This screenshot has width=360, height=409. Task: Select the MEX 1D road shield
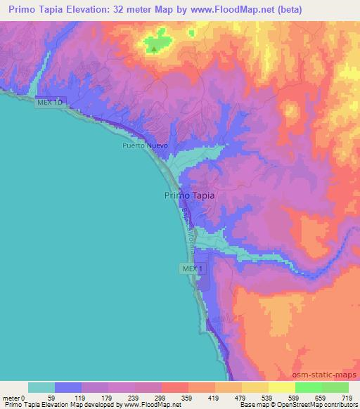click(x=51, y=103)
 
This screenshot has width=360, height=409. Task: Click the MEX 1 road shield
click(x=192, y=268)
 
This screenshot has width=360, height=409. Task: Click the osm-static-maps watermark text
click(x=328, y=375)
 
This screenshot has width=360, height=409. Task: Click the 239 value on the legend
click(x=135, y=397)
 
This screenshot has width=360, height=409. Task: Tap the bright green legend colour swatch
click(x=309, y=387)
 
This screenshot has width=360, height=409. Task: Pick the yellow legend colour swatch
click(x=255, y=387)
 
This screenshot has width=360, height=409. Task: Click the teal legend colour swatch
click(x=41, y=387)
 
